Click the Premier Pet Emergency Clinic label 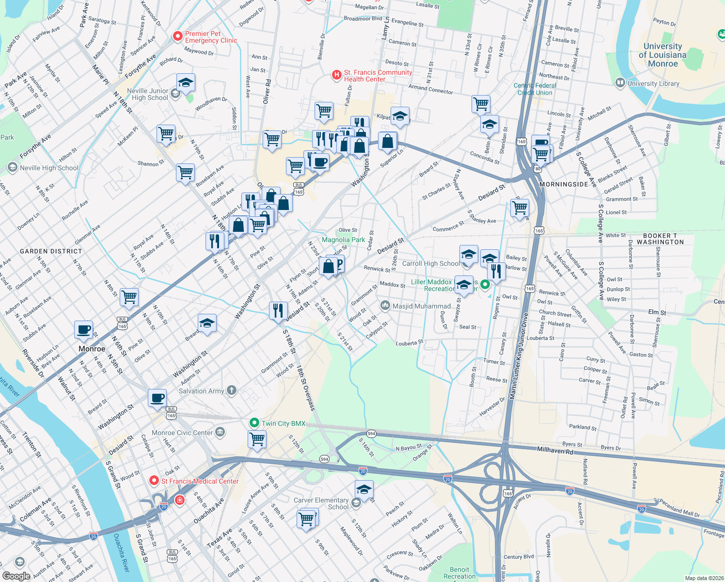211,37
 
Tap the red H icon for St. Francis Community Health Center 336,75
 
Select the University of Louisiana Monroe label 662,55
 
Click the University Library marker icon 620,83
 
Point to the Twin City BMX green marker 254,423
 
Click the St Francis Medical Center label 200,481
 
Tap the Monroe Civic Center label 182,433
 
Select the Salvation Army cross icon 232,390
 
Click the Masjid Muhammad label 421,306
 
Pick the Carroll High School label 430,263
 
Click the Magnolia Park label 343,240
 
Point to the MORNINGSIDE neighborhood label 564,184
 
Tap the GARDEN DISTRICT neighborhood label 51,251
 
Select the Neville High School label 49,168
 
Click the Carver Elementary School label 321,503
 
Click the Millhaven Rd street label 555,451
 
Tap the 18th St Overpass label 306,388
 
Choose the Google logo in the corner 16,576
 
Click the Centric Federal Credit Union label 535,89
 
